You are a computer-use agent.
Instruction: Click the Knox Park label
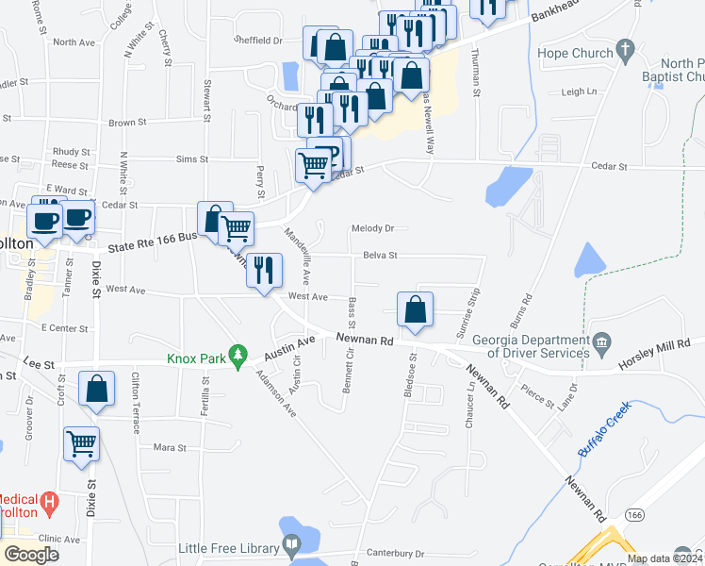[198, 358]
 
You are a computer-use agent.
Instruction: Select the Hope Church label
[575, 53]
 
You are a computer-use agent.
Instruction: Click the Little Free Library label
[229, 547]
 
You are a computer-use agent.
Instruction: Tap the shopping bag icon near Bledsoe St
[415, 309]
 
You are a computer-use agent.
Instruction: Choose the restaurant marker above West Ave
[265, 270]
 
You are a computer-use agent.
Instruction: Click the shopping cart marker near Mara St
[82, 443]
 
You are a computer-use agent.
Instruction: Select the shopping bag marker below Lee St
[96, 389]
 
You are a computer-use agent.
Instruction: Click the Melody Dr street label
[371, 228]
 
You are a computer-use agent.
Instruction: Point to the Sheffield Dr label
[258, 42]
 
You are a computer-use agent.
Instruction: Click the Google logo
[31, 555]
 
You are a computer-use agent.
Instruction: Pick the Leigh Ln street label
[580, 92]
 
